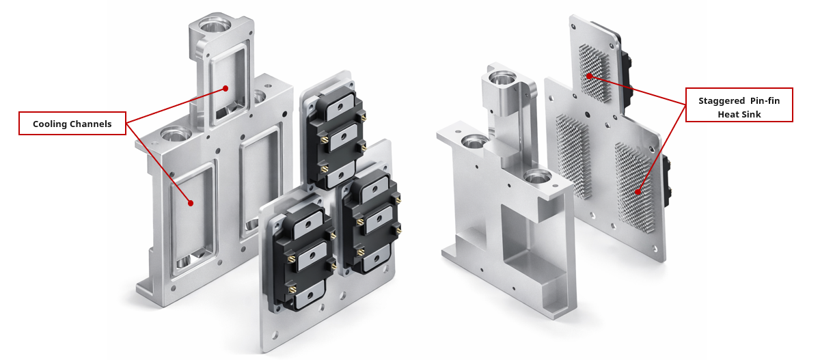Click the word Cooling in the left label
[x=48, y=124]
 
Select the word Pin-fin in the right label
[x=765, y=100]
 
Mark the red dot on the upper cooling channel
[x=226, y=89]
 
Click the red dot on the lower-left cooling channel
[x=191, y=204]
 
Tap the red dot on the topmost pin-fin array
[x=589, y=76]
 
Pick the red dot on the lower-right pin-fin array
[x=638, y=192]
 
